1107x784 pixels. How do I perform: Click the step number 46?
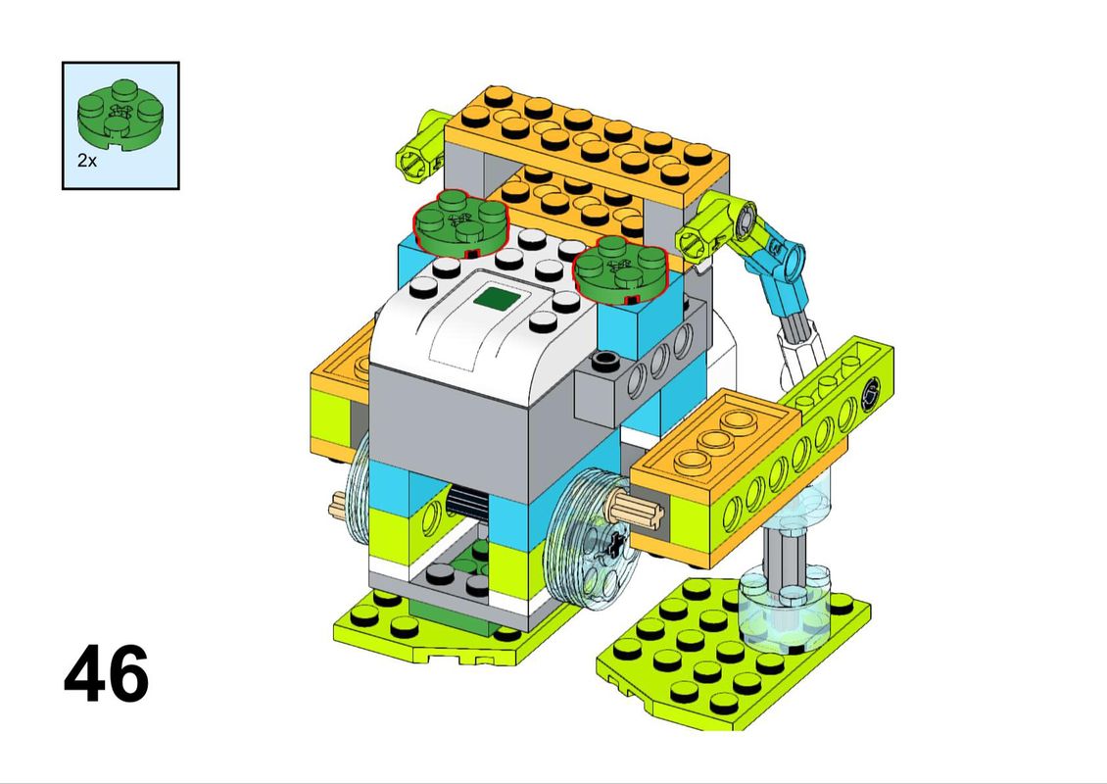(107, 674)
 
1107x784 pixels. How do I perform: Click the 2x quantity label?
(87, 161)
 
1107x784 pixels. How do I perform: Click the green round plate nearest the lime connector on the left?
(461, 221)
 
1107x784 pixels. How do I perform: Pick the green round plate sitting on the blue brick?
(620, 269)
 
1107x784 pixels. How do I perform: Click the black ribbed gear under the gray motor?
(467, 504)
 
